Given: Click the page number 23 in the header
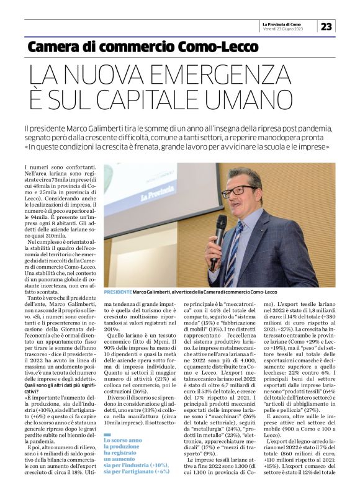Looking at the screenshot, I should click(326, 25).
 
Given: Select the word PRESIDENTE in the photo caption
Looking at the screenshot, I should click(118, 291).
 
